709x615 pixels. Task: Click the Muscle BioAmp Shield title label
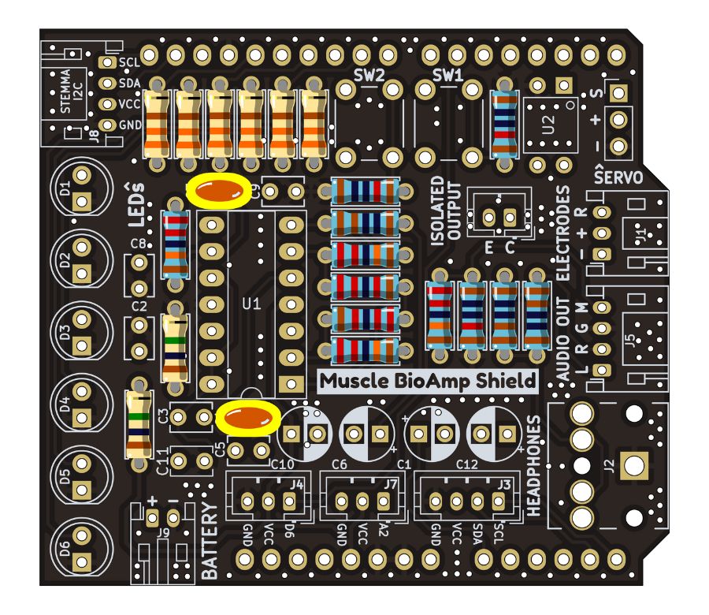coord(428,381)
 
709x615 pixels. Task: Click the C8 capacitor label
coord(139,244)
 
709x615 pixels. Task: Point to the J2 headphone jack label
coord(607,466)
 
